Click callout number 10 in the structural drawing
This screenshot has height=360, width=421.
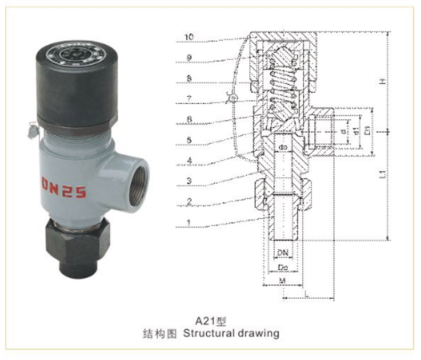coord(189,37)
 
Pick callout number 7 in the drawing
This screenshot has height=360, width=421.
coord(189,98)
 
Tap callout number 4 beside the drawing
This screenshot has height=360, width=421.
coord(189,159)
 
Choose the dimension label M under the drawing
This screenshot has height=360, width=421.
coord(284,280)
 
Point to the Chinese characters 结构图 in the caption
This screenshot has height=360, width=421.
coord(161,334)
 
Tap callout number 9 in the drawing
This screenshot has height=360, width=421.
coord(189,57)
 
